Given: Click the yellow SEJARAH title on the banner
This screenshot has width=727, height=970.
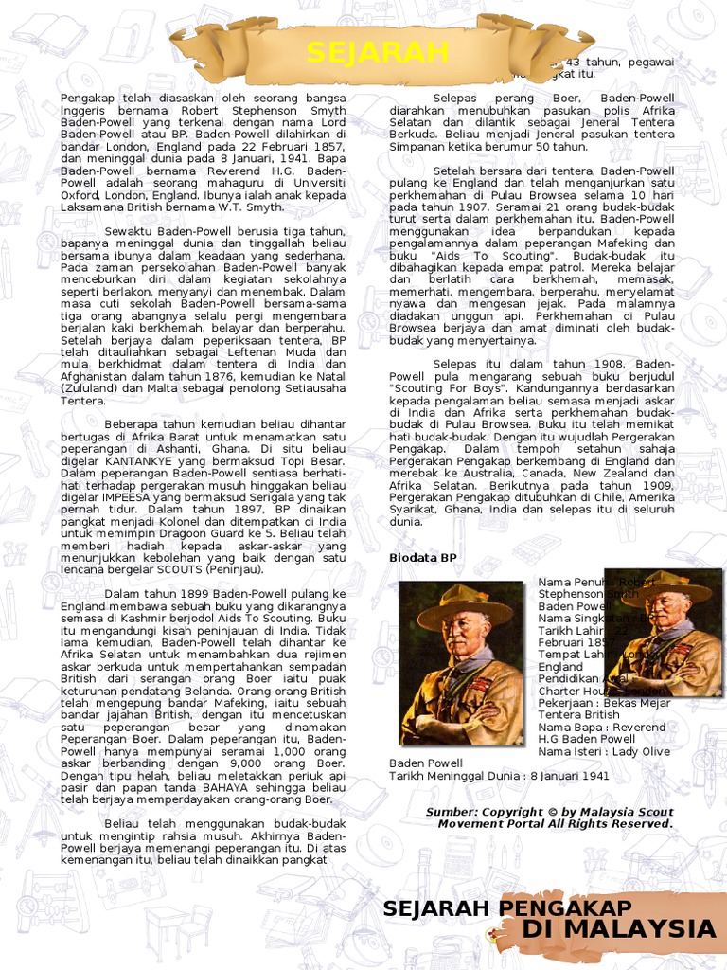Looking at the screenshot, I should pos(377,52).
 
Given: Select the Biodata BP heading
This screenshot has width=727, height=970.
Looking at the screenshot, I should pos(423,558).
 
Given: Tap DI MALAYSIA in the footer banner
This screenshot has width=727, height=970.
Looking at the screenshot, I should pos(617,928).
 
